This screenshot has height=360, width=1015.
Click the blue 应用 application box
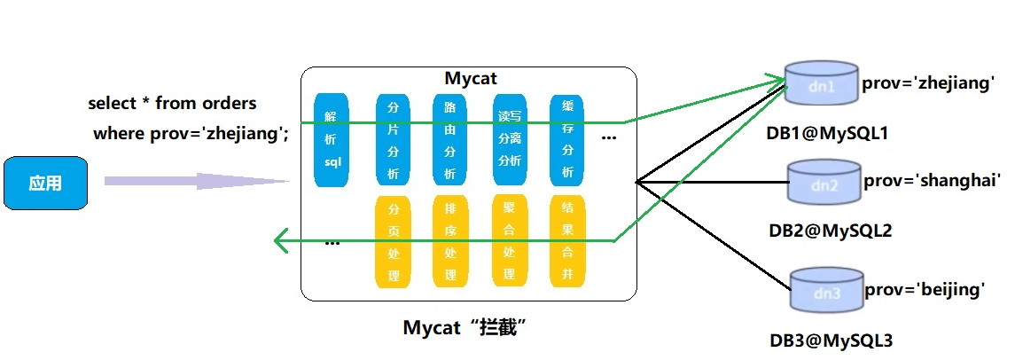[x=45, y=184]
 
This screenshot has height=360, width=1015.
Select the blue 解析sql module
[x=332, y=139]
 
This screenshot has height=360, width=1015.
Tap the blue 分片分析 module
[x=394, y=139]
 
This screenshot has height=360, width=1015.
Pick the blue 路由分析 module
[x=450, y=139]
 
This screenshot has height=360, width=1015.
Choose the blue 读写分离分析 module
[x=510, y=139]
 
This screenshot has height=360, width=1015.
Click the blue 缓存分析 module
[x=567, y=139]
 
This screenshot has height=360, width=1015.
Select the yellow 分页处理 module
[x=394, y=242]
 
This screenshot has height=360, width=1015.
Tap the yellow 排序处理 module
[x=450, y=242]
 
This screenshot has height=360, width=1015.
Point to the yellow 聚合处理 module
[x=510, y=242]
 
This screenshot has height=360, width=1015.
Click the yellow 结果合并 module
[x=567, y=242]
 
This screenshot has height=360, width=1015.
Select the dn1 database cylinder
[x=822, y=84]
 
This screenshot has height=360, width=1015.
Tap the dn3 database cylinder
[x=825, y=288]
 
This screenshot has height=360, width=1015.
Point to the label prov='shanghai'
[x=932, y=180]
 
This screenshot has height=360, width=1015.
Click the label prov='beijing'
[x=925, y=290]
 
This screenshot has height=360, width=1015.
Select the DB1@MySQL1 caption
[x=827, y=133]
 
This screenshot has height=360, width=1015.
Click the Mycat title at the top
[x=471, y=78]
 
